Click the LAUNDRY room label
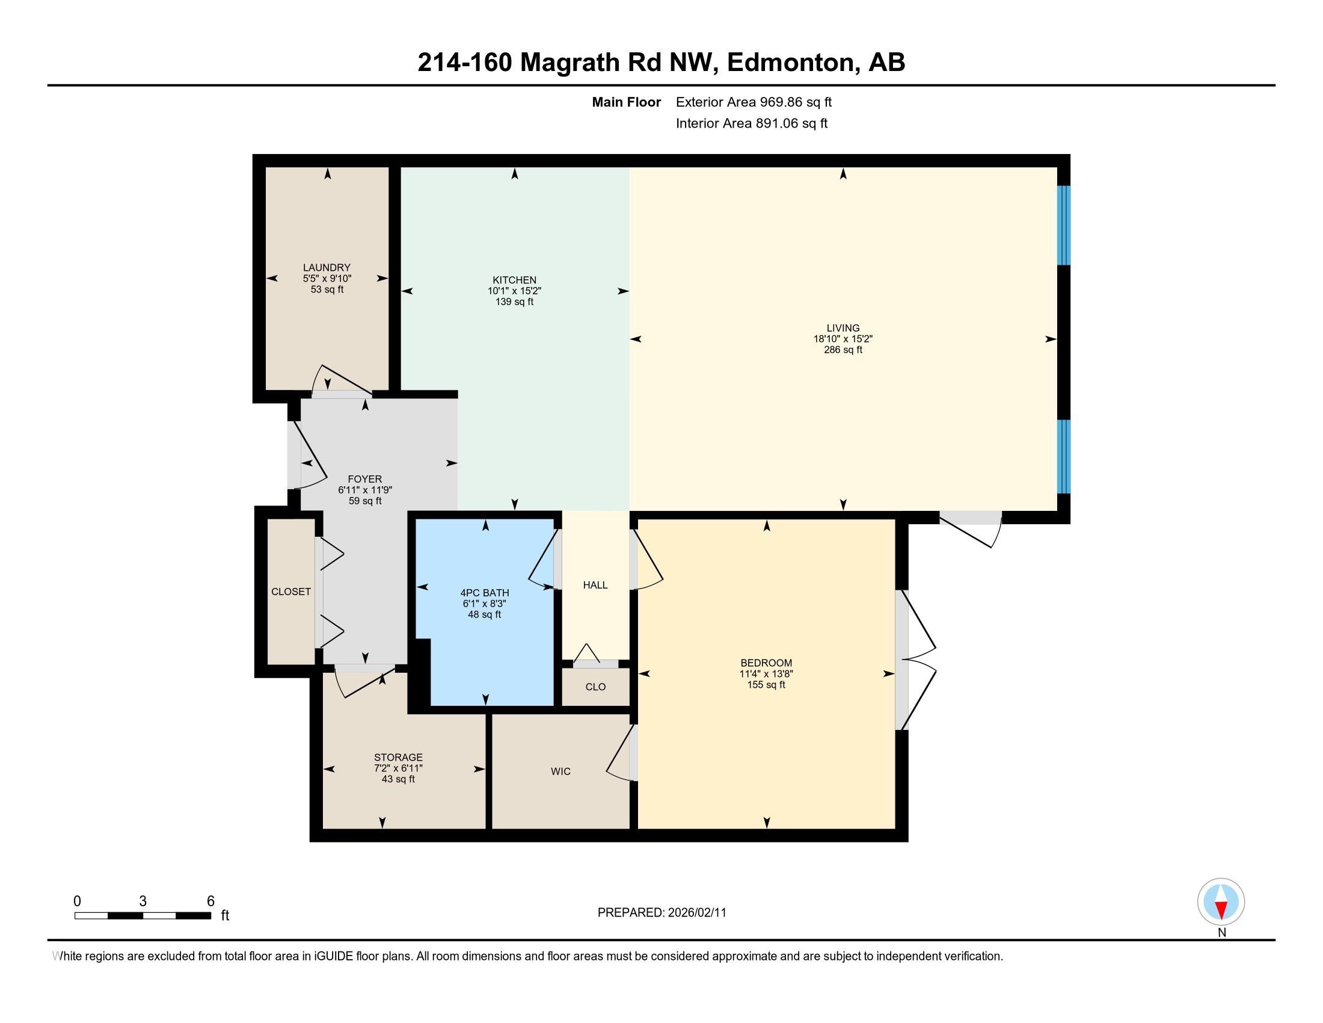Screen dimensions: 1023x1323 [327, 267]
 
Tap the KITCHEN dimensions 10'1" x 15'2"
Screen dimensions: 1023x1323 [514, 291]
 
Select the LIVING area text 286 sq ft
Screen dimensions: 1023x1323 [843, 350]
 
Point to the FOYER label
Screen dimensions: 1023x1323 [364, 479]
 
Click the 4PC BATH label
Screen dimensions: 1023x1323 [485, 593]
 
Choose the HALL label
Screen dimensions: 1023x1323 [595, 585]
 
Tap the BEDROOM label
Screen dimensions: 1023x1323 [766, 663]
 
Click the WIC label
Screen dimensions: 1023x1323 [560, 771]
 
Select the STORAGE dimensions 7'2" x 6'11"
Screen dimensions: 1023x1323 [398, 768]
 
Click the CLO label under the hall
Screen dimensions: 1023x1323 [595, 687]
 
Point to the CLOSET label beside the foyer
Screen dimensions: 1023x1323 [291, 592]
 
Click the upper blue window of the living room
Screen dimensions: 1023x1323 [1063, 225]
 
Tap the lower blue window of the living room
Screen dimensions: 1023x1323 [1063, 456]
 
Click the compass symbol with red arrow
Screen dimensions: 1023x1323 [1221, 902]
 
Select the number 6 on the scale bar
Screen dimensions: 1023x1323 [210, 901]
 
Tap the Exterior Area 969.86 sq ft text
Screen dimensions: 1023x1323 [754, 102]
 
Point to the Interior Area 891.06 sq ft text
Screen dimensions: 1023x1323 [751, 123]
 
